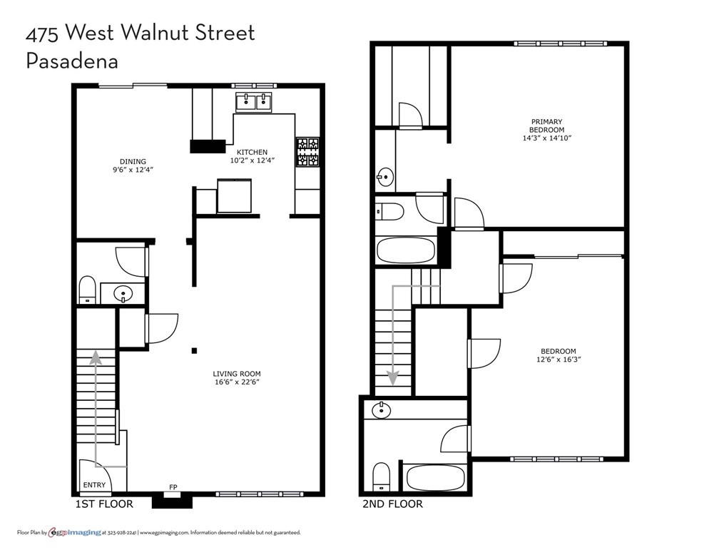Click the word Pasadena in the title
[72, 61]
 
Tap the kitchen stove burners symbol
[307, 152]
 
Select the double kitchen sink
[254, 102]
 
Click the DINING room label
[133, 161]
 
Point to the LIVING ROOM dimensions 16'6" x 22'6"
[237, 382]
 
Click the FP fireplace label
[173, 487]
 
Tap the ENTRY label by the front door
[94, 485]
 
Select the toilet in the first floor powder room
[87, 290]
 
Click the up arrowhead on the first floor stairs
[96, 358]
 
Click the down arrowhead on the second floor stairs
[393, 377]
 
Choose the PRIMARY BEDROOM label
[546, 126]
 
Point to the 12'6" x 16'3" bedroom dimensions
[559, 360]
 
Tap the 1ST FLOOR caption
[104, 504]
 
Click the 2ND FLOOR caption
[392, 504]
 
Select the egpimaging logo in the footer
[75, 532]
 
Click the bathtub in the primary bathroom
[406, 250]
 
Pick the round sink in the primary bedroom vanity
[385, 175]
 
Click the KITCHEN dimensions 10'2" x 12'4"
[253, 161]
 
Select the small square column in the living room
[195, 351]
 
